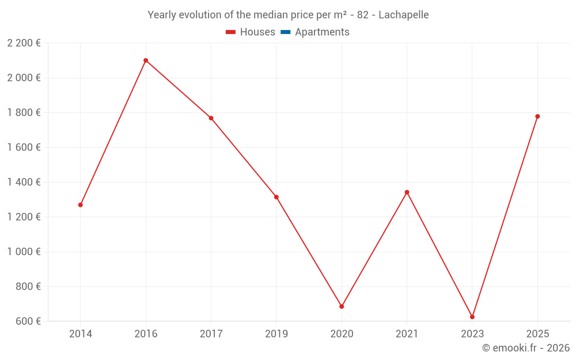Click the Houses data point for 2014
click(x=81, y=205)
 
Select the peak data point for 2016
click(x=146, y=60)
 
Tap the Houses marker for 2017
click(x=211, y=118)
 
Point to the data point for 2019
click(x=276, y=197)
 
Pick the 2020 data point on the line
click(x=342, y=306)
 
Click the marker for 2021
click(x=407, y=192)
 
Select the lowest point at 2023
click(x=472, y=317)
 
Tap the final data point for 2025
click(x=537, y=116)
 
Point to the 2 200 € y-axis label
click(x=24, y=43)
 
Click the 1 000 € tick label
click(x=24, y=252)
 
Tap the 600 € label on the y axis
click(x=27, y=321)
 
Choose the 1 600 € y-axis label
click(x=24, y=147)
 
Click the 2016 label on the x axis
click(x=146, y=334)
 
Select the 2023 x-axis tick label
click(x=472, y=334)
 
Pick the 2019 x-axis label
click(x=276, y=334)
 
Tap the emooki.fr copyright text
click(x=526, y=348)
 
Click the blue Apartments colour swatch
click(x=285, y=32)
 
